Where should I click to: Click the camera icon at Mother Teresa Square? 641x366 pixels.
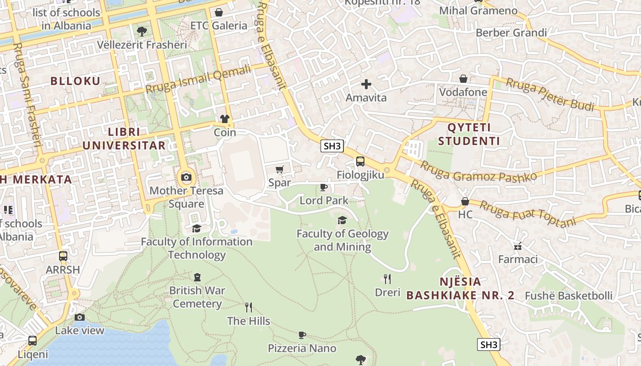point(186,177)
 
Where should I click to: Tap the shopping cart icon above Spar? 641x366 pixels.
point(280,169)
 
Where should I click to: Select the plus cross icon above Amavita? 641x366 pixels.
point(366,84)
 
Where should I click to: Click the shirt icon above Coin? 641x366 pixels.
point(225,119)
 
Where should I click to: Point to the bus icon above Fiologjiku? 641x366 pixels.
point(360,161)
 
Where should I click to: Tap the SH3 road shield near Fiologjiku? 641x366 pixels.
point(332,146)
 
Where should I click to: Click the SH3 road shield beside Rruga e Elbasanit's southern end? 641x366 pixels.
point(489,344)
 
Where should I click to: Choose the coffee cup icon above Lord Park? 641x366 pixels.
point(324,187)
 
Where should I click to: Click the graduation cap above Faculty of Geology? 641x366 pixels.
point(342,221)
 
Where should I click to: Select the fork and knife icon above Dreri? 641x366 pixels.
point(387,279)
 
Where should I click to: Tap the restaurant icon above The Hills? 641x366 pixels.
point(249,307)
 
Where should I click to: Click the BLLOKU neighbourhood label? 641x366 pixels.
point(75,81)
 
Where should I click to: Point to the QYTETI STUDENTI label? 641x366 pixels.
point(469,134)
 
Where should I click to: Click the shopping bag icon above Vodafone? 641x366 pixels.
point(463,79)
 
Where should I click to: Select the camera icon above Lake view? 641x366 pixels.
point(80,317)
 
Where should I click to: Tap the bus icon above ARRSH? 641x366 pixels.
point(63,256)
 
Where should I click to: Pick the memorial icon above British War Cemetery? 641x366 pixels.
point(197,277)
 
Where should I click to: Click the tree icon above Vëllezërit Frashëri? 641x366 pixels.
point(142,31)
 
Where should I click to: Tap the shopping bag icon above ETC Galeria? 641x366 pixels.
point(219,12)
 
